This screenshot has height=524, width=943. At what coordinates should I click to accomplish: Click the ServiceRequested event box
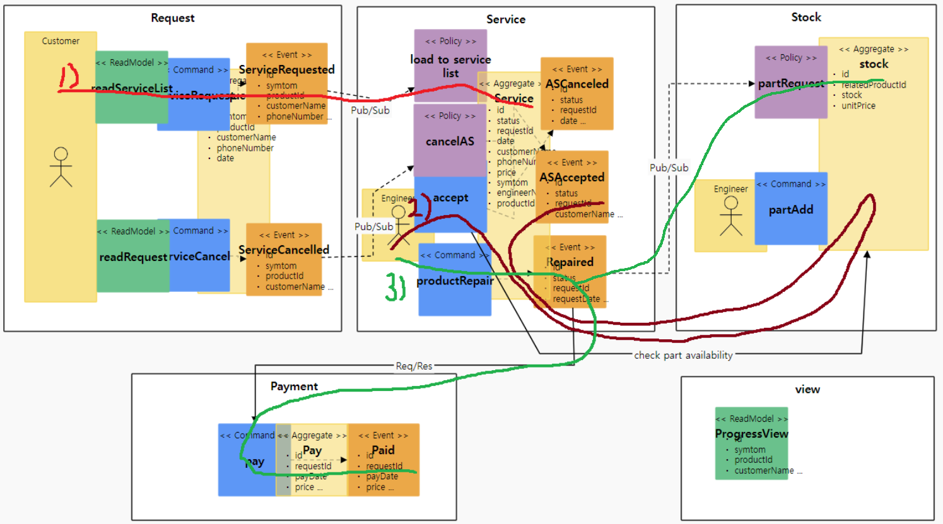[x=287, y=83]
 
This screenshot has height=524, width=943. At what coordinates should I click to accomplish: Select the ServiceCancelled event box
[x=284, y=259]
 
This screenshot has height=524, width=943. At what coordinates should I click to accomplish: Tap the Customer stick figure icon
[x=61, y=167]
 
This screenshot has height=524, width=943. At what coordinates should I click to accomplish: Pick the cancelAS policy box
[x=450, y=141]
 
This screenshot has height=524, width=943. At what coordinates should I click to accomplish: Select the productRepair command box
[x=454, y=280]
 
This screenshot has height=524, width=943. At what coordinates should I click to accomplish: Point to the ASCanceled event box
[x=577, y=93]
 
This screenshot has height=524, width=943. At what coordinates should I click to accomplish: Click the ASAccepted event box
[x=572, y=187]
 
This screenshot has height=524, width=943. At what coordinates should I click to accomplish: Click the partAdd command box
[x=791, y=209]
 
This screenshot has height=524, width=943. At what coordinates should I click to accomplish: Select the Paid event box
[x=384, y=460]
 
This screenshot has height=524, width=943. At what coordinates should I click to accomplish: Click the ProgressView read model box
[x=751, y=443]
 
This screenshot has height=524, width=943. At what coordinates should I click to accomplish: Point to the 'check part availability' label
[x=683, y=355]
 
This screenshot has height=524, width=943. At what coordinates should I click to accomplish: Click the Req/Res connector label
[x=414, y=366]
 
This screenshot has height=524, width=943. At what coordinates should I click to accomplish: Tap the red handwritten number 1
[x=68, y=77]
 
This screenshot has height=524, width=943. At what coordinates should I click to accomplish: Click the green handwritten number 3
[x=395, y=288]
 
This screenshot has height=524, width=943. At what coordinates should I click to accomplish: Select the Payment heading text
[x=294, y=386]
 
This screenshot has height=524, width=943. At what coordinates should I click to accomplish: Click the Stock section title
[x=806, y=17]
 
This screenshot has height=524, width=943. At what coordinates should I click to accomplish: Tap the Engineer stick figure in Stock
[x=731, y=216]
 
